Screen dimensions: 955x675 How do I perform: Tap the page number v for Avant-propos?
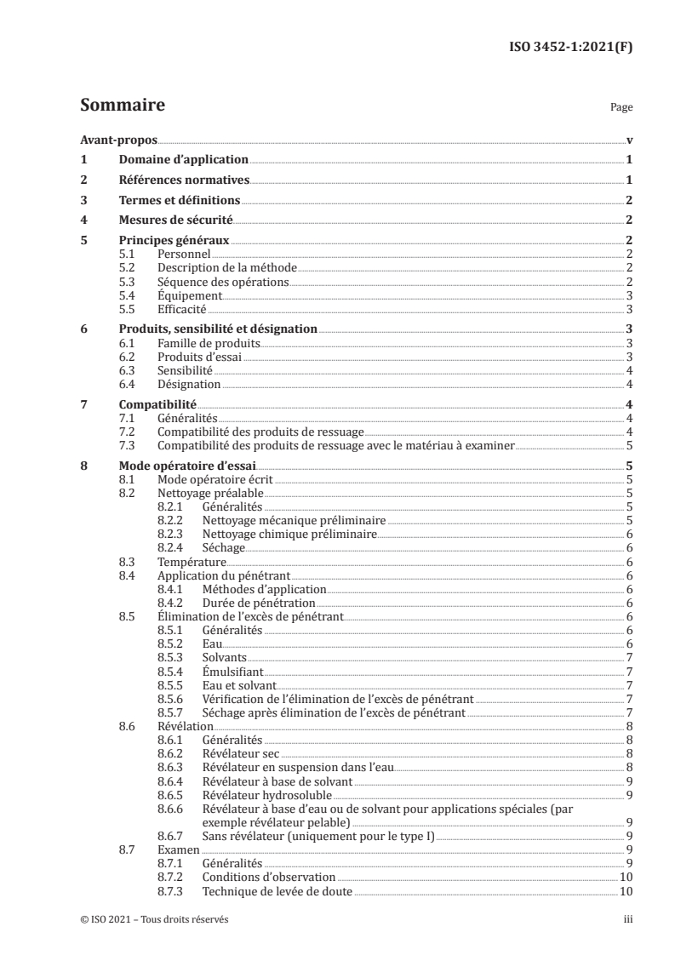pos(628,140)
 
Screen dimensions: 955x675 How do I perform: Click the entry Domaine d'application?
pos(183,159)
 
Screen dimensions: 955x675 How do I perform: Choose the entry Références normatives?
pos(183,180)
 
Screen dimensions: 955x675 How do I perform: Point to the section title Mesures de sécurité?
pos(175,220)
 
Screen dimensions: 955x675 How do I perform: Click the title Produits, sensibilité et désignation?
pos(218,329)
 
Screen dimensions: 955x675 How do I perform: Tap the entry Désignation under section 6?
pos(184,384)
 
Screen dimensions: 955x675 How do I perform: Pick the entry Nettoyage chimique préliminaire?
pos(289,535)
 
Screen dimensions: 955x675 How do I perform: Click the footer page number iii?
pos(627,920)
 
